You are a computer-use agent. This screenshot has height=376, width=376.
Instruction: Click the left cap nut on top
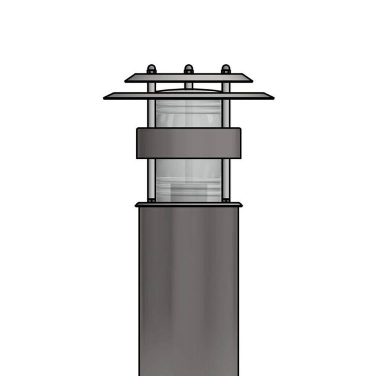click(x=151, y=68)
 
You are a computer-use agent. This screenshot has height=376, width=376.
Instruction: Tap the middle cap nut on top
click(x=189, y=68)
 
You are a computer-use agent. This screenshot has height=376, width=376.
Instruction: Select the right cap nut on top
click(x=226, y=68)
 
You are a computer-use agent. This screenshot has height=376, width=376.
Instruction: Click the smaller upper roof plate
click(x=189, y=78)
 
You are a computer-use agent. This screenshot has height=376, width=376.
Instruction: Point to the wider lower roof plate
click(x=189, y=96)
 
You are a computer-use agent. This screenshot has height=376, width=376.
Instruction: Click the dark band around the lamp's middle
click(x=189, y=142)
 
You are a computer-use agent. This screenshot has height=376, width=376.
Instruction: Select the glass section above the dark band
click(x=189, y=114)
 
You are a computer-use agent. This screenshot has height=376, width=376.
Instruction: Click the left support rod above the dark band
click(x=151, y=113)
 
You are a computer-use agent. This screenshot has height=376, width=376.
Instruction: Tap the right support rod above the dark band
click(x=226, y=113)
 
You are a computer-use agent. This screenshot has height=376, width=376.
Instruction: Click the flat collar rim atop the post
click(x=189, y=205)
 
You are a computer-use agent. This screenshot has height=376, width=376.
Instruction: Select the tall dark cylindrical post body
click(x=189, y=290)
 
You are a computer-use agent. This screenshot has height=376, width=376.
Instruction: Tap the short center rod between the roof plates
click(x=189, y=86)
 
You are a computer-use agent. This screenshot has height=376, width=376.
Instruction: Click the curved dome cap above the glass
click(x=189, y=92)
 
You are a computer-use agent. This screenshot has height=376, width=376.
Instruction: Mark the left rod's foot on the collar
click(x=151, y=200)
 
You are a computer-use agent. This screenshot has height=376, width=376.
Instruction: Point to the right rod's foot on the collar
click(x=226, y=200)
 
